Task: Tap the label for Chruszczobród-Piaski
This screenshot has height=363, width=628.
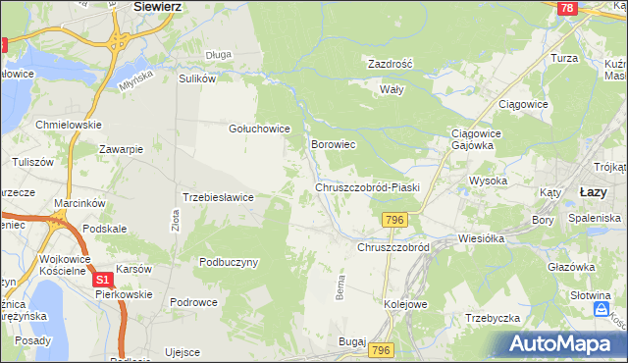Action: coord(367,186)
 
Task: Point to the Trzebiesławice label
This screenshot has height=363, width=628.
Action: coord(219,197)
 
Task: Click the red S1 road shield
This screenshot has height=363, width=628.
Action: coord(105,281)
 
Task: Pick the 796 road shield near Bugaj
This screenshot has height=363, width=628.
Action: coord(382,350)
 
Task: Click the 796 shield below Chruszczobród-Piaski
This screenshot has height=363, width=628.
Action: coord(394,220)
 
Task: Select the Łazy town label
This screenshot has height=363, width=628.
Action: coord(594,191)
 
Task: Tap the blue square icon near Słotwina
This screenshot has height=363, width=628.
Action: coord(602,310)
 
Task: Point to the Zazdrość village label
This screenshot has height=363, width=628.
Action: coord(391,63)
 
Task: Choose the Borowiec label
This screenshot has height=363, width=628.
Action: coord(333,144)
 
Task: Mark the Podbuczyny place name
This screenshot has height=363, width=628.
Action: coord(229,262)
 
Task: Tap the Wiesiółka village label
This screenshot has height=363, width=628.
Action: coord(482,238)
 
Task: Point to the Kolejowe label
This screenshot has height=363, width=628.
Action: coord(406,305)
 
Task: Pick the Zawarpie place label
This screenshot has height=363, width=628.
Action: coord(122,149)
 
